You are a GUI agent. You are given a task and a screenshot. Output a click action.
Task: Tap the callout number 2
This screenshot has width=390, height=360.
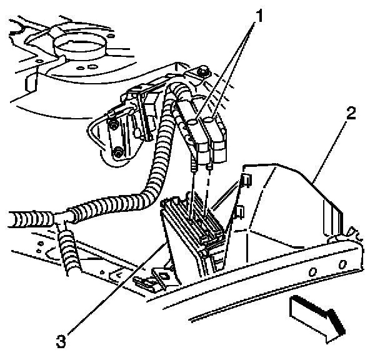[x=352, y=114]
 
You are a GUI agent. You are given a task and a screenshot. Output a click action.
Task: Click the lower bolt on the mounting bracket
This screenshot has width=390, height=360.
[x=117, y=152]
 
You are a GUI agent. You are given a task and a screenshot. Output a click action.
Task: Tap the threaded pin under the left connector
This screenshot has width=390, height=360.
[x=194, y=165]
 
